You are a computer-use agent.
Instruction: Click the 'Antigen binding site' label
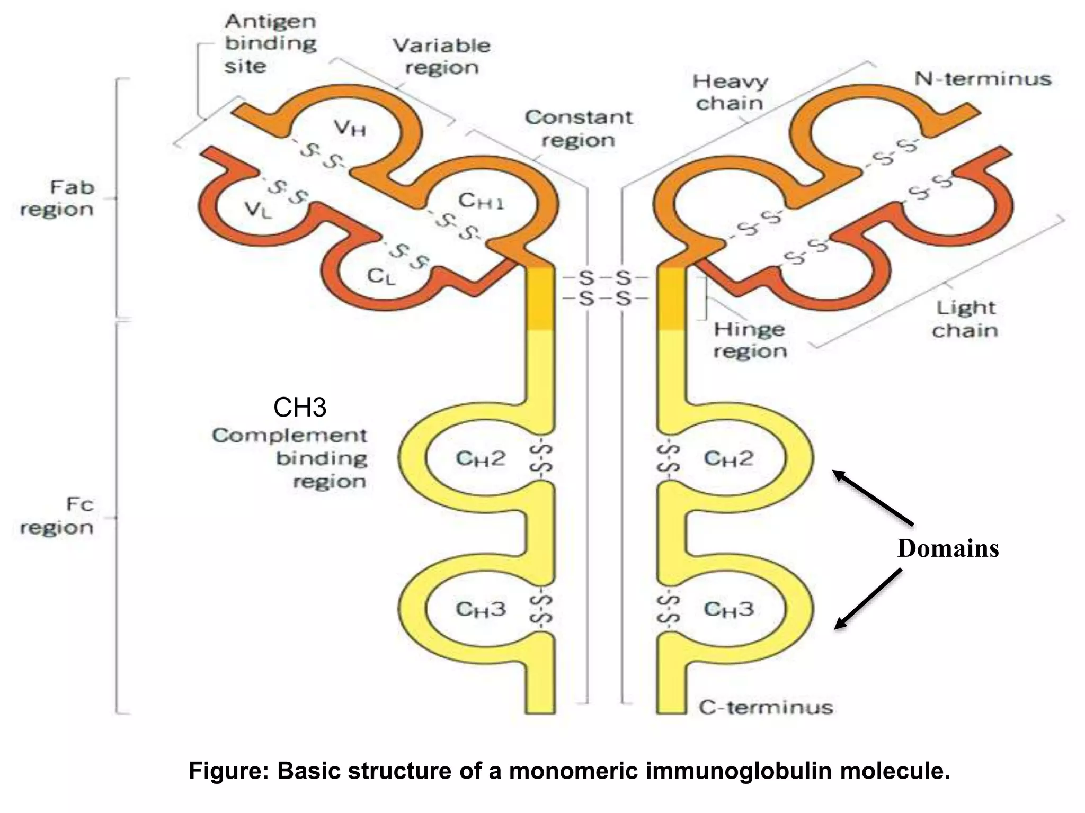[270, 44]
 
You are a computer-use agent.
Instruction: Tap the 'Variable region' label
[441, 56]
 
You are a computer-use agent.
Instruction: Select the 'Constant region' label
[579, 129]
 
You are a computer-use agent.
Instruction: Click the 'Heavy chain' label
[730, 92]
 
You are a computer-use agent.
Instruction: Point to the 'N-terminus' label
[982, 79]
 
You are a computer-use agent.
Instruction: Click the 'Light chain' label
[965, 319]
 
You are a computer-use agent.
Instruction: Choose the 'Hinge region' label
[750, 340]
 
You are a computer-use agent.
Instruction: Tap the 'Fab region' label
[57, 198]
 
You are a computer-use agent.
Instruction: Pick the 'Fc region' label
[57, 516]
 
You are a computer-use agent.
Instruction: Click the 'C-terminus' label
[766, 708]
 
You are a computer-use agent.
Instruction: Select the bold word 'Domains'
[948, 548]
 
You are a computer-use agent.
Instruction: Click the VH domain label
[350, 128]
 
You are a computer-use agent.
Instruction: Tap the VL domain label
[259, 210]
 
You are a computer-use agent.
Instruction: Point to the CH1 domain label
[481, 201]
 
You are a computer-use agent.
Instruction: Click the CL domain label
[381, 276]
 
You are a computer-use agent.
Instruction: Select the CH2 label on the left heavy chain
[481, 458]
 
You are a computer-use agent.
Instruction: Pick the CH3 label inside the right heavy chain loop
[728, 609]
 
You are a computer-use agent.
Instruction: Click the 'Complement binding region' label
[290, 458]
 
